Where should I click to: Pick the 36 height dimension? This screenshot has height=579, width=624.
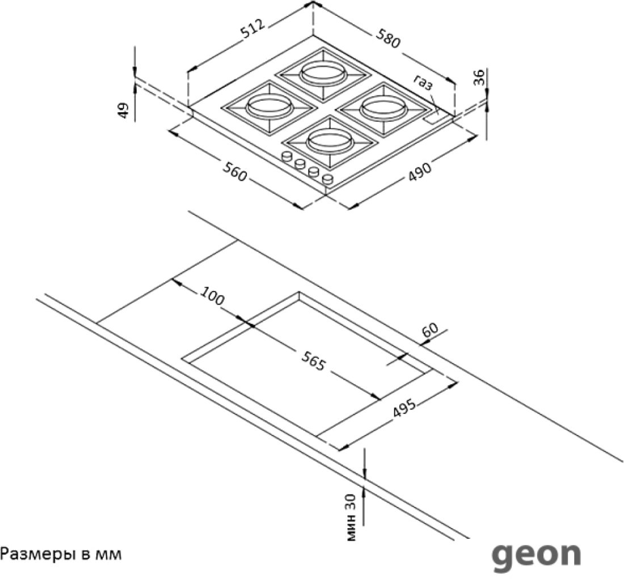(x=479, y=77)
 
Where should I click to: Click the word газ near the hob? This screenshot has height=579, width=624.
(x=423, y=83)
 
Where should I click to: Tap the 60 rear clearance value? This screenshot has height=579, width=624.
(x=430, y=330)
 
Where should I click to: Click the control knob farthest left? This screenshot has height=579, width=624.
(x=286, y=157)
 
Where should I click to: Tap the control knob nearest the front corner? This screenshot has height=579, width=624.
(x=328, y=179)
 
